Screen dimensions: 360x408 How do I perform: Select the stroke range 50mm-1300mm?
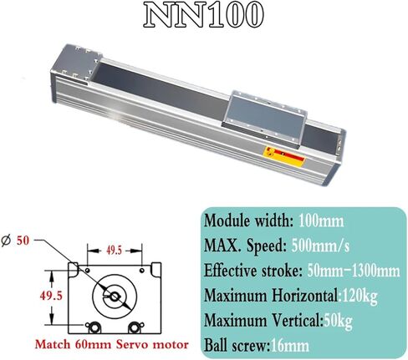351,269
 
